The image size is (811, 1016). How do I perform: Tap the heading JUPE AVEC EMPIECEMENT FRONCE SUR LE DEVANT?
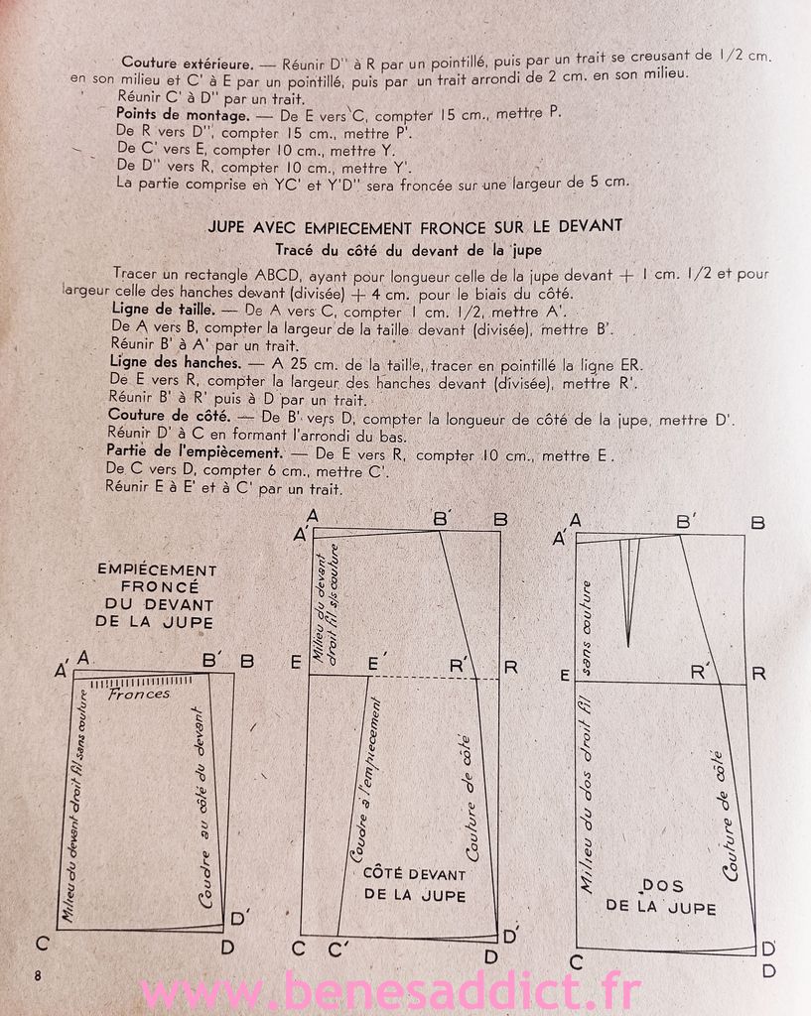tap(415, 226)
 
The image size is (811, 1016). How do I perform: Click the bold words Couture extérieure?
tap(185, 59)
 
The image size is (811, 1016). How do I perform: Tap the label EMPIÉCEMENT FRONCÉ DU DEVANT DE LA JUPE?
tap(156, 595)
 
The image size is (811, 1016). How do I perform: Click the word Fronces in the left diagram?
tap(139, 695)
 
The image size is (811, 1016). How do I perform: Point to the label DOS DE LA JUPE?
tap(661, 896)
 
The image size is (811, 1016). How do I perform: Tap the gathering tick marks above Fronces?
tap(139, 682)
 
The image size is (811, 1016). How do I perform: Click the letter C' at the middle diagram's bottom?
tap(339, 949)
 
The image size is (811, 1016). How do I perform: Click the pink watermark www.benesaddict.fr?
tap(390, 991)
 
